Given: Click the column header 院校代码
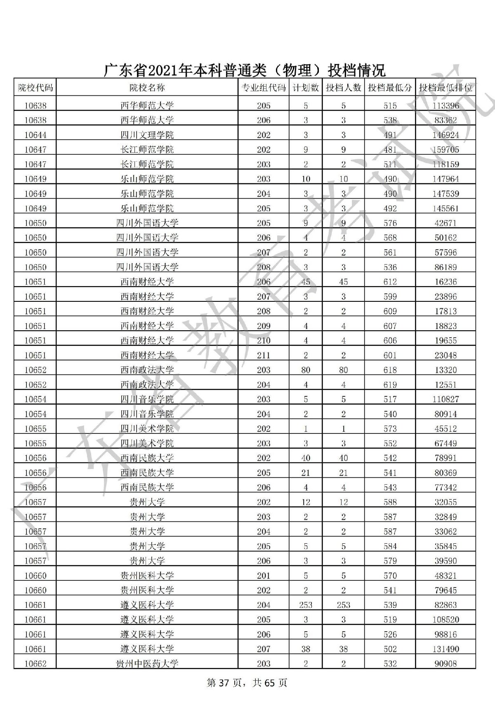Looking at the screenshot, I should [x=35, y=88].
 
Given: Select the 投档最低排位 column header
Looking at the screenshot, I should [x=445, y=88].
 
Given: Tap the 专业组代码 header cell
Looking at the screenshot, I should [x=263, y=88].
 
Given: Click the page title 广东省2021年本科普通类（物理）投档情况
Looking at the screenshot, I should [x=244, y=70].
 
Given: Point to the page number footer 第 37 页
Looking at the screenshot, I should [x=223, y=683].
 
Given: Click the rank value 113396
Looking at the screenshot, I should [x=445, y=106].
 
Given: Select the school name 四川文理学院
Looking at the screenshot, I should [x=147, y=135].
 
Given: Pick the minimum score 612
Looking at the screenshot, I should [x=390, y=282].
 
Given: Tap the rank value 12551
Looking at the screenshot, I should [x=445, y=385].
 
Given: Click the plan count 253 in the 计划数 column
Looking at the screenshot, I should [x=305, y=605].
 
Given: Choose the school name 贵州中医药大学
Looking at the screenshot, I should [x=147, y=664].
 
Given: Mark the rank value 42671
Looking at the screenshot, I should [x=445, y=223].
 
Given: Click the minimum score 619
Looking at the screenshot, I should [x=390, y=385].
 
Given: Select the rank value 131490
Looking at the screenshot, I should [x=445, y=649].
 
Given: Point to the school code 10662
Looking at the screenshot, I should [x=35, y=664].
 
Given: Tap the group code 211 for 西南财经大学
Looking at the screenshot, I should [x=264, y=355].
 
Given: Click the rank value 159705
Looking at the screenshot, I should [x=445, y=150].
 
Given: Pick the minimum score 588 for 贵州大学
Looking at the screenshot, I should [x=390, y=502].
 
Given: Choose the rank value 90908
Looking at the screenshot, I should [x=445, y=664].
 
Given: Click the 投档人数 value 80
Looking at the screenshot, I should [x=343, y=370].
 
